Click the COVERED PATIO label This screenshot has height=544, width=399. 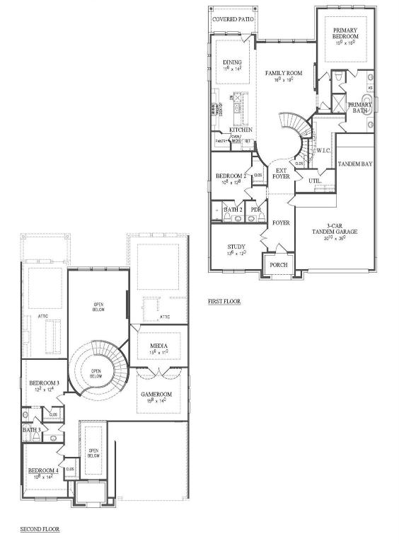click(x=234, y=19)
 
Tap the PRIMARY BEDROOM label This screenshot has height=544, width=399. click(x=346, y=33)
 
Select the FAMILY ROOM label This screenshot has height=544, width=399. click(x=284, y=73)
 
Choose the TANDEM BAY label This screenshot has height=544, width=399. click(x=355, y=164)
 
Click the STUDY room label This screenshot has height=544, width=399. click(x=236, y=246)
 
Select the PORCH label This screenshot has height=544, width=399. click(x=277, y=266)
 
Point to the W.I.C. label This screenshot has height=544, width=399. click(x=324, y=150)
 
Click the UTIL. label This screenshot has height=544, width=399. click(x=316, y=181)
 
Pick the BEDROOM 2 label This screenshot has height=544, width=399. click(x=231, y=176)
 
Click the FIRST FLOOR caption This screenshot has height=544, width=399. click(x=224, y=301)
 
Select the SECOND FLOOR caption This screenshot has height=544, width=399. click(x=40, y=529)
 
